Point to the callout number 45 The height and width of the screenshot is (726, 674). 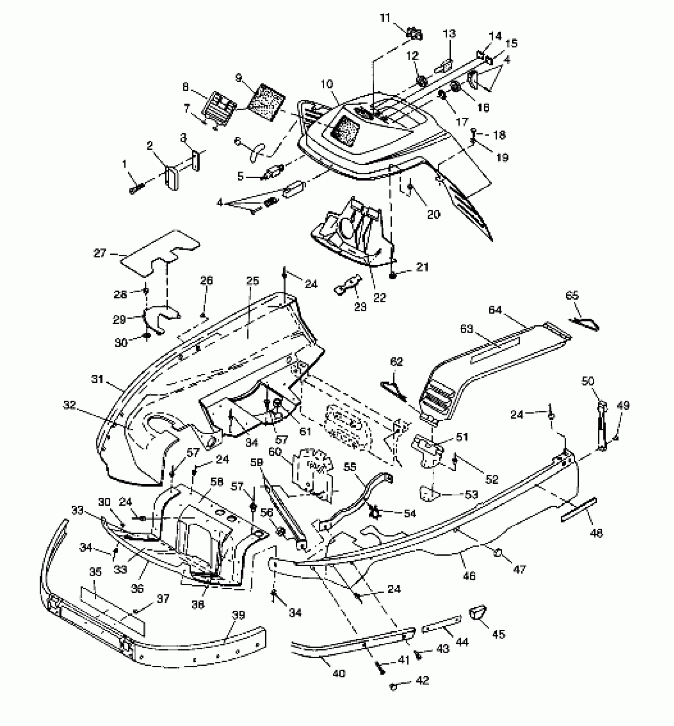point(498,634)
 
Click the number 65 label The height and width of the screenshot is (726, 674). point(572,295)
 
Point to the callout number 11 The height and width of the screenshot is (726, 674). point(385,18)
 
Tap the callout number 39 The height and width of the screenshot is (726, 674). point(238,615)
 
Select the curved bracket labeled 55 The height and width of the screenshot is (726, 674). point(357,499)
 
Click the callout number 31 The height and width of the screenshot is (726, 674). point(97,379)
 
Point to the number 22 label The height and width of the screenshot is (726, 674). point(379,297)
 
